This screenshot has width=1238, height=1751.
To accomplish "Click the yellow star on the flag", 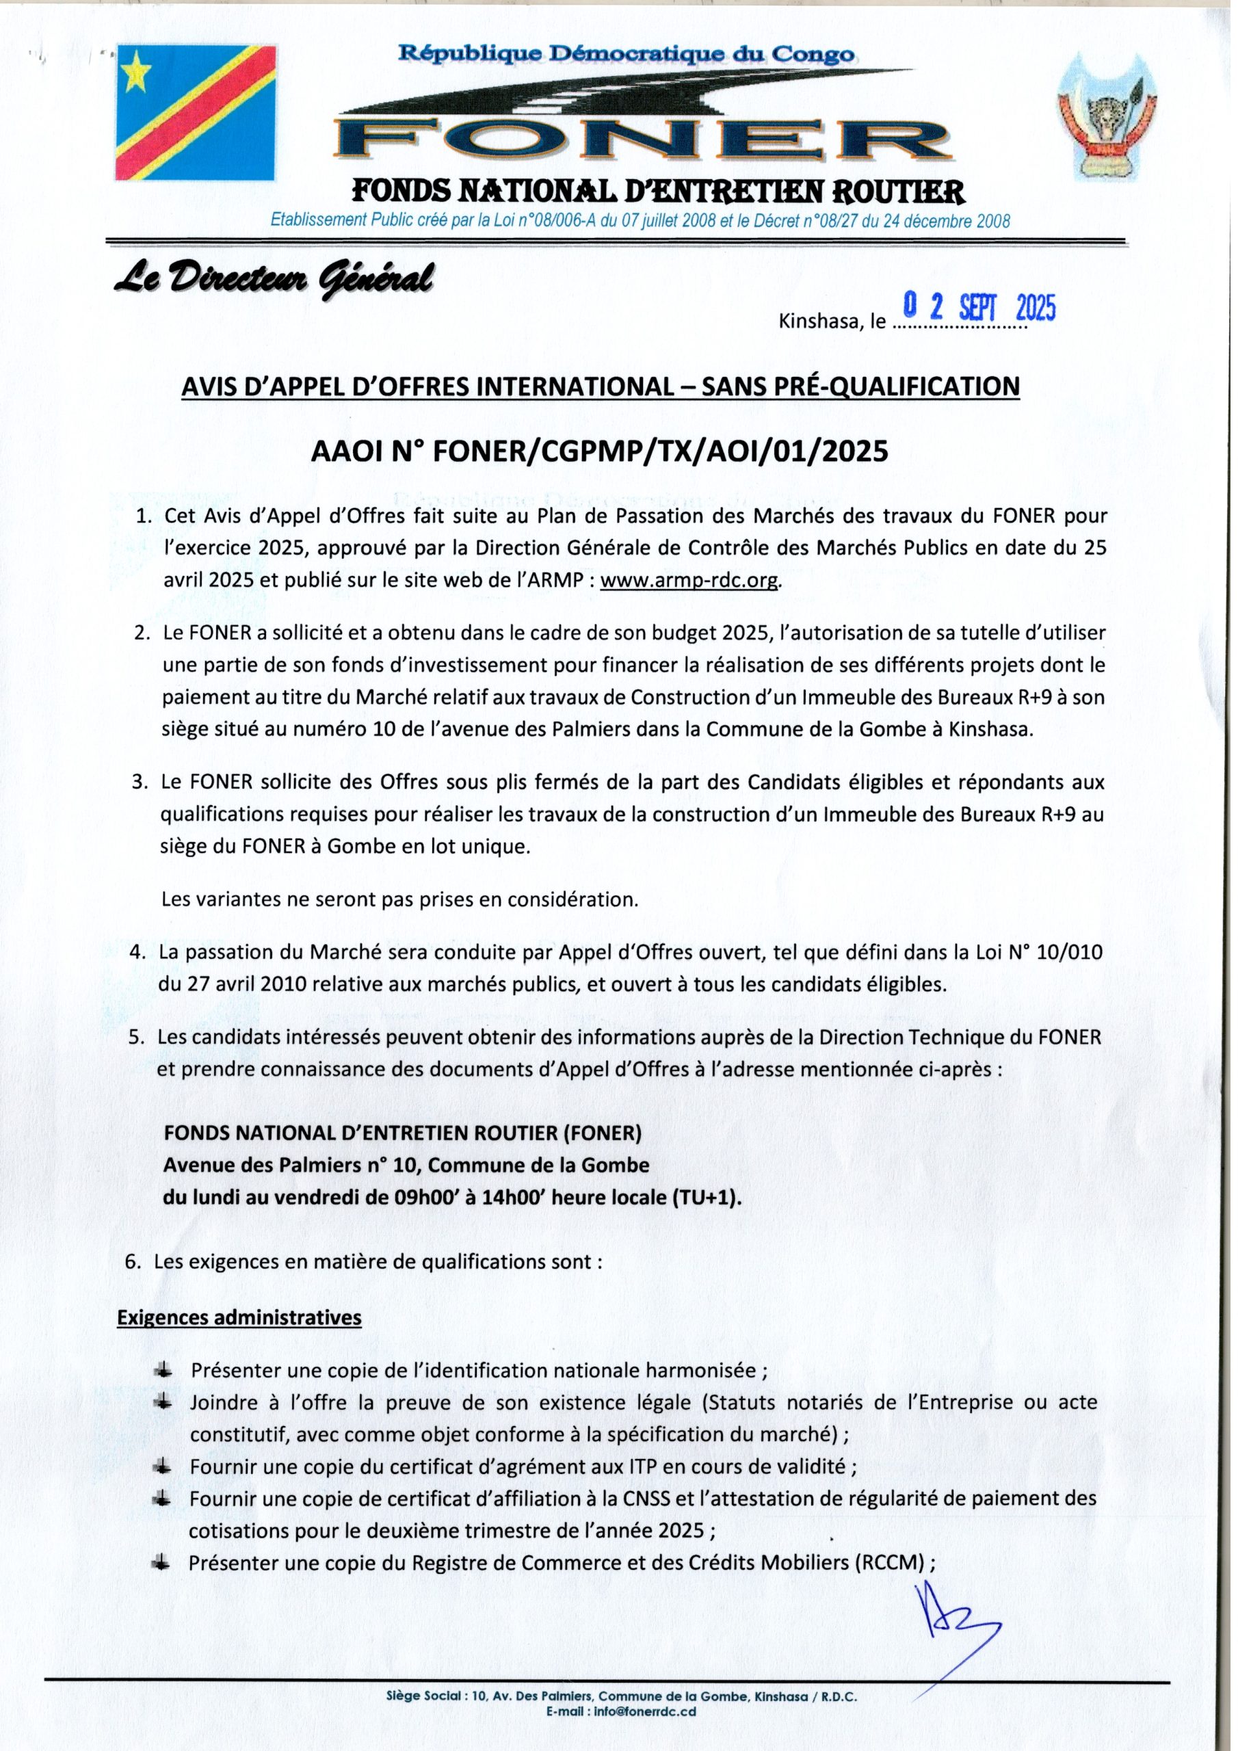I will tap(136, 71).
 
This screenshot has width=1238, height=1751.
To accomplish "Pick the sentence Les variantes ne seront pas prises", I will tap(399, 899).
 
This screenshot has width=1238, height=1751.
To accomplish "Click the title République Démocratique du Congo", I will tap(627, 53).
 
